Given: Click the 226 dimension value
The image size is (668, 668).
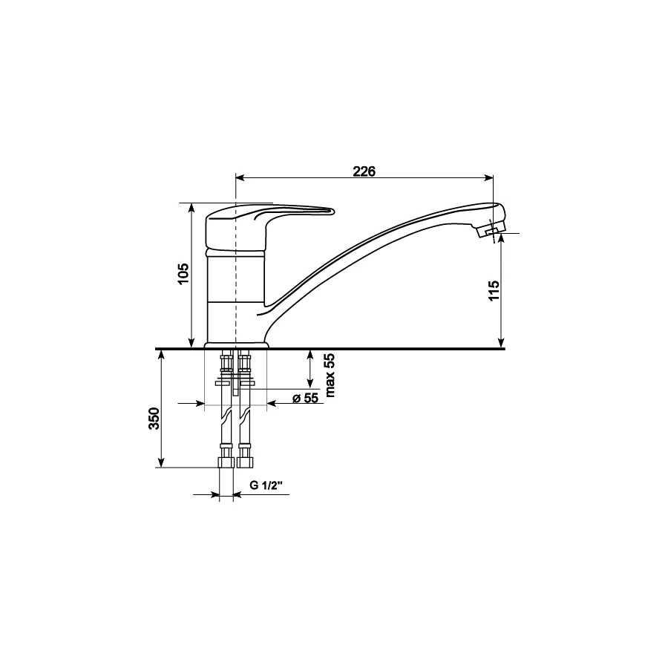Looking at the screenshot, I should point(364,171).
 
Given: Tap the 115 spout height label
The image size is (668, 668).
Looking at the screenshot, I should point(496,290).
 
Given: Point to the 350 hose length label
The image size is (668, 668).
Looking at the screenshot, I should point(154,419).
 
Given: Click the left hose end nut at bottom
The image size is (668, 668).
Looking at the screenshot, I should point(226,462).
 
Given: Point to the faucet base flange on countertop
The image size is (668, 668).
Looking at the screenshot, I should point(236,344).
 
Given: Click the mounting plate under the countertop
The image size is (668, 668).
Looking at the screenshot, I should point(235,383).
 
